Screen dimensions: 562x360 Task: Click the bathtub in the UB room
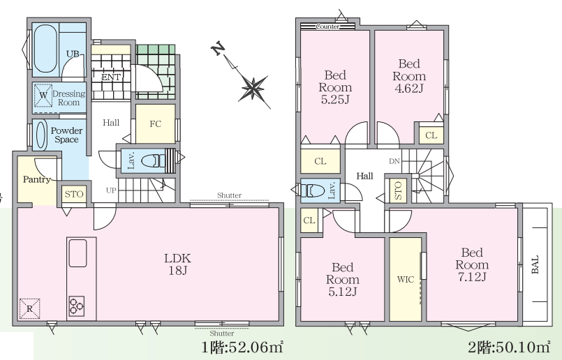[x=45, y=48]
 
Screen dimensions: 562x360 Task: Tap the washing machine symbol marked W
[x=43, y=96]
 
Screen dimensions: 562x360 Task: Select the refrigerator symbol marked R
[x=30, y=308]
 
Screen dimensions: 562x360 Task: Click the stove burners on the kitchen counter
[x=76, y=306]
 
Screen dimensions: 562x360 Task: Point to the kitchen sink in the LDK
[x=77, y=253]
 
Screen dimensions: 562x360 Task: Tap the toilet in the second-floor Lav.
[x=312, y=190]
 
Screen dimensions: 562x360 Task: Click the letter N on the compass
[x=218, y=48]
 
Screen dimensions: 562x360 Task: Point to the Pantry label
[x=36, y=179]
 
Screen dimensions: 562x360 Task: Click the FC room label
[x=155, y=124]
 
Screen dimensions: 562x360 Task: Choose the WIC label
[x=406, y=279]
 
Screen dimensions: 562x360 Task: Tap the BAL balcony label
[x=535, y=264]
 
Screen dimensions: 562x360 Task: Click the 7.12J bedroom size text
[x=472, y=277]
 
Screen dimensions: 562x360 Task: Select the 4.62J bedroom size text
[x=409, y=88]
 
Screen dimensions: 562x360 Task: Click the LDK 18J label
[x=177, y=264]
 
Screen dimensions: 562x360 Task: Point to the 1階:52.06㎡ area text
[x=243, y=347]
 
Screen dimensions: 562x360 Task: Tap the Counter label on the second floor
[x=328, y=27]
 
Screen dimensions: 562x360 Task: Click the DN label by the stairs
[x=394, y=161]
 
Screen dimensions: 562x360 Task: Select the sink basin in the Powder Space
[x=41, y=135]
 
